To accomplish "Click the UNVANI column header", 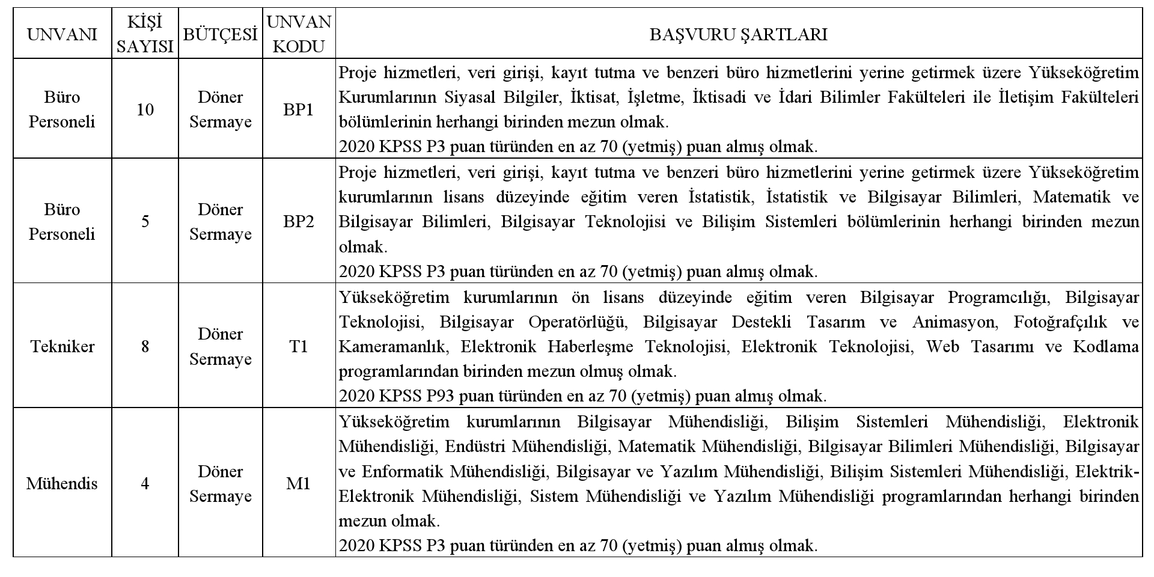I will (x=62, y=34).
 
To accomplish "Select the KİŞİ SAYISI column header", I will (x=145, y=34).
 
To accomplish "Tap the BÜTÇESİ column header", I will (x=220, y=34).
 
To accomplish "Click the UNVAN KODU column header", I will (x=299, y=34).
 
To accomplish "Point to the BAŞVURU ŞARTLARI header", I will (x=738, y=34).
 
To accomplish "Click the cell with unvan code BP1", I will (x=299, y=109).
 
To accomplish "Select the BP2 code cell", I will (x=299, y=222).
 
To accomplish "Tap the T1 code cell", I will (x=299, y=346).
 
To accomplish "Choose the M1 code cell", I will (x=299, y=483).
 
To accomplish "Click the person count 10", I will (x=145, y=109).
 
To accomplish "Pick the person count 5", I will (x=145, y=222).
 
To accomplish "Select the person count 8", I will (x=145, y=346).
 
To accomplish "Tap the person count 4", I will (x=145, y=483).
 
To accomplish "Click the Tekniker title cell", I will (x=62, y=346).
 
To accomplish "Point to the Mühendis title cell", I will (x=62, y=483).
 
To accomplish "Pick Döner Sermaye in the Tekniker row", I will (x=220, y=346).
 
